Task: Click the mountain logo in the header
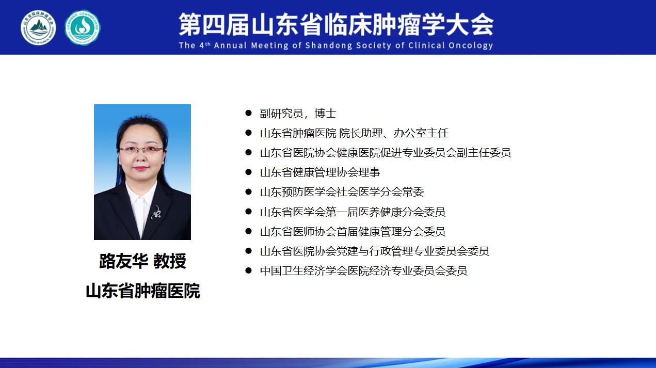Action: pyautogui.click(x=38, y=28)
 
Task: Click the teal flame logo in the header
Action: pyautogui.click(x=83, y=28)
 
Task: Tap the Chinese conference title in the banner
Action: pyautogui.click(x=336, y=25)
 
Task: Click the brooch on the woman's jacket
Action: pyautogui.click(x=156, y=212)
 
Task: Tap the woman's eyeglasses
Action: pyautogui.click(x=142, y=150)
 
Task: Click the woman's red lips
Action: pyautogui.click(x=141, y=168)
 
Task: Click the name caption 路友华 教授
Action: pyautogui.click(x=142, y=261)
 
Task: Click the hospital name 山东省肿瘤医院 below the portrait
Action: pyautogui.click(x=142, y=291)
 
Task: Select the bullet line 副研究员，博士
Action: pyautogui.click(x=298, y=114)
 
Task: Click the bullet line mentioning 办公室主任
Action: pyautogui.click(x=354, y=133)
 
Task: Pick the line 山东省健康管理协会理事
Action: pyautogui.click(x=320, y=172)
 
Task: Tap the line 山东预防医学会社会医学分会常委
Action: pyautogui.click(x=342, y=192)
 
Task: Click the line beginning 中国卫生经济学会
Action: pyautogui.click(x=363, y=271)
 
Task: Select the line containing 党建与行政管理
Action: pyautogui.click(x=375, y=251)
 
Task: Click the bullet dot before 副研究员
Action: pyautogui.click(x=248, y=113)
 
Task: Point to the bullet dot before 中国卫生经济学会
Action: pyautogui.click(x=248, y=270)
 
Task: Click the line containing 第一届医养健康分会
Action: pyautogui.click(x=353, y=212)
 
